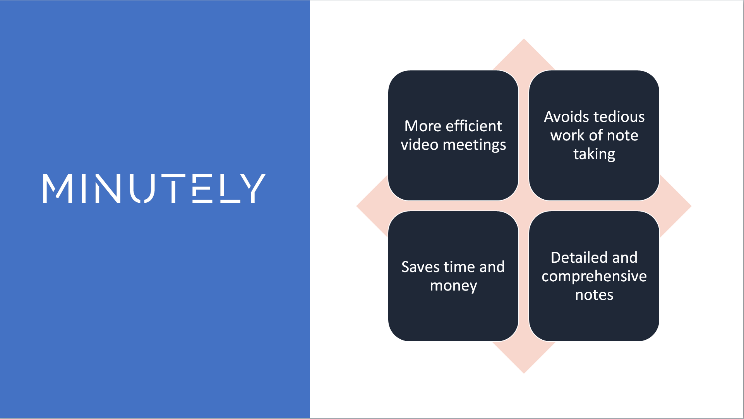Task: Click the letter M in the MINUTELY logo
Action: pyautogui.click(x=57, y=188)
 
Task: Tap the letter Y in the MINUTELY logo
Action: pyautogui.click(x=253, y=188)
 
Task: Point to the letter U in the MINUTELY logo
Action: pyautogui.click(x=142, y=188)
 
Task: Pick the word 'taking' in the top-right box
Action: pyautogui.click(x=594, y=154)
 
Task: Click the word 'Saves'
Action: pyautogui.click(x=420, y=267)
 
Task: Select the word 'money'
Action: pyautogui.click(x=453, y=286)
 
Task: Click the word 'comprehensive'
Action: pyautogui.click(x=594, y=276)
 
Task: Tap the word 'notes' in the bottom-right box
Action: pyautogui.click(x=594, y=295)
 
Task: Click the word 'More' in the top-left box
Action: pyautogui.click(x=423, y=126)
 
